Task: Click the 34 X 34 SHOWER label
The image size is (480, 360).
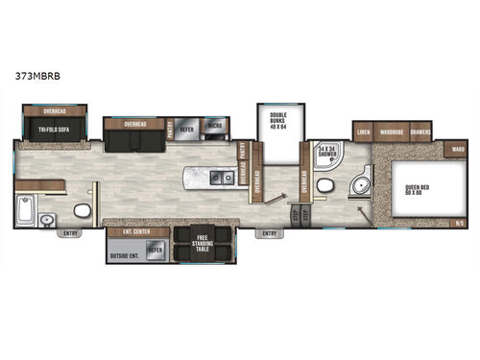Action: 328,151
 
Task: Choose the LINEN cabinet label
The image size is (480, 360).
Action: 363,130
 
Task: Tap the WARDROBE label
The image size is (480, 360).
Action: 391,130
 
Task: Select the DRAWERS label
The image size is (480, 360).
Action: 420,130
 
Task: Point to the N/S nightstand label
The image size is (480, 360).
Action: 460,224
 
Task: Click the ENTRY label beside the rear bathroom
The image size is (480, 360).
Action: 70,233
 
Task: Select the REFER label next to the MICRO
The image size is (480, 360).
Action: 187,125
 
